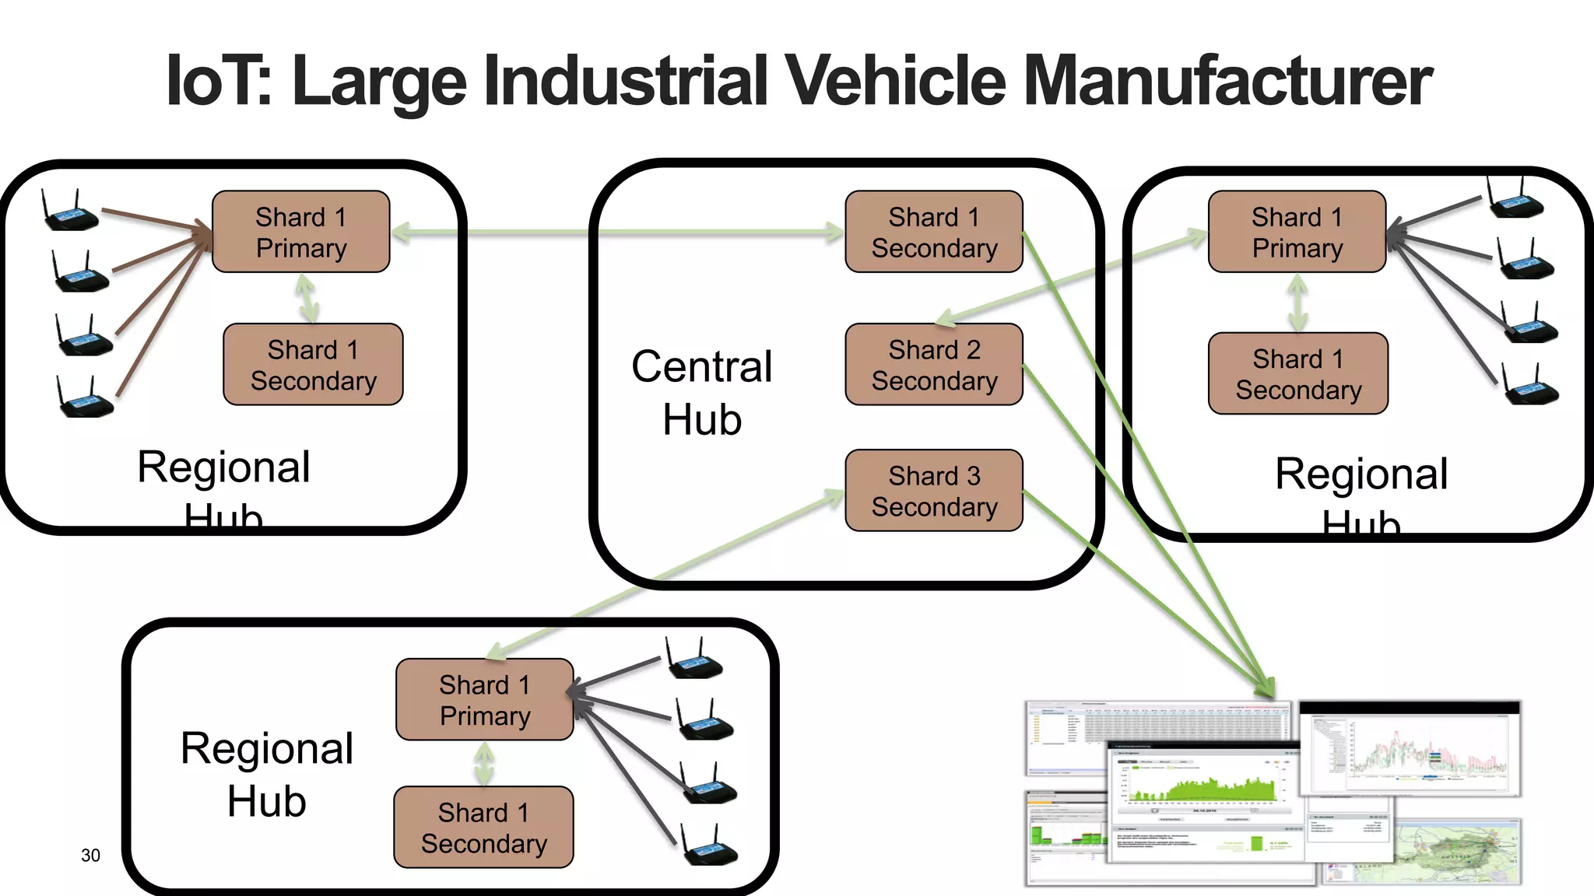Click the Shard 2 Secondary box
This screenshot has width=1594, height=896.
(934, 365)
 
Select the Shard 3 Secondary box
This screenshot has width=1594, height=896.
(934, 491)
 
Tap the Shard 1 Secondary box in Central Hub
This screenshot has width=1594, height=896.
(934, 232)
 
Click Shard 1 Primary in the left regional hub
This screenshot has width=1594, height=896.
(301, 232)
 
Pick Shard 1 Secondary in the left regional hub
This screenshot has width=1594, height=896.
(313, 365)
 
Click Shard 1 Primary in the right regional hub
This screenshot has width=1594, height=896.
(1297, 232)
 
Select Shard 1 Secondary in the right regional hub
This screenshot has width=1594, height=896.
(1298, 374)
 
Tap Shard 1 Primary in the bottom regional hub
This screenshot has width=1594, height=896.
(484, 700)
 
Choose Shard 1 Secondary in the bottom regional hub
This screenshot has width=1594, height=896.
(483, 828)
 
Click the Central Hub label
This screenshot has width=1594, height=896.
(702, 393)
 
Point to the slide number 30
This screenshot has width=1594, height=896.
(90, 856)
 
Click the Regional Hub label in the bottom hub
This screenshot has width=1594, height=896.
(267, 774)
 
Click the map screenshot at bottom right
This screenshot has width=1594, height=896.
(1455, 852)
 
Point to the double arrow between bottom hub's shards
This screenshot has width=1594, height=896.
(484, 764)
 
